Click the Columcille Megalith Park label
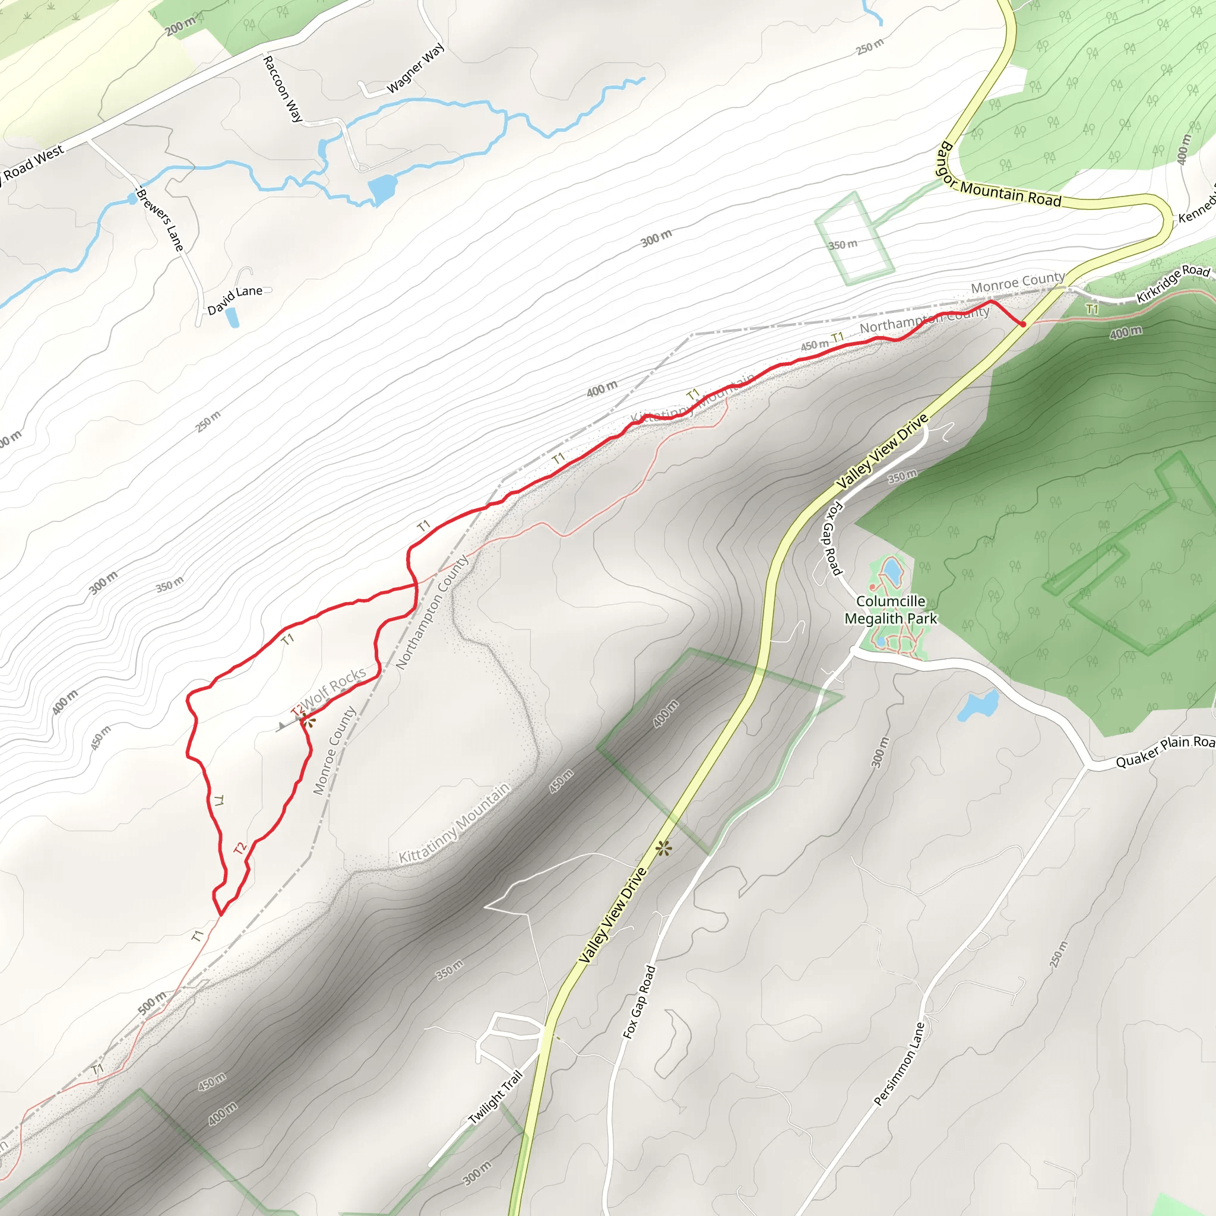click(891, 610)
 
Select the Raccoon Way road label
click(283, 88)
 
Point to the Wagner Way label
click(416, 68)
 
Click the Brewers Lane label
click(160, 220)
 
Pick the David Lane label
click(235, 300)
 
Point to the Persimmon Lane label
click(900, 1063)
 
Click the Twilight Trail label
click(496, 1098)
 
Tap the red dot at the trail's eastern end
click(1024, 324)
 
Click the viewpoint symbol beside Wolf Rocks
click(309, 721)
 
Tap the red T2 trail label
click(240, 848)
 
